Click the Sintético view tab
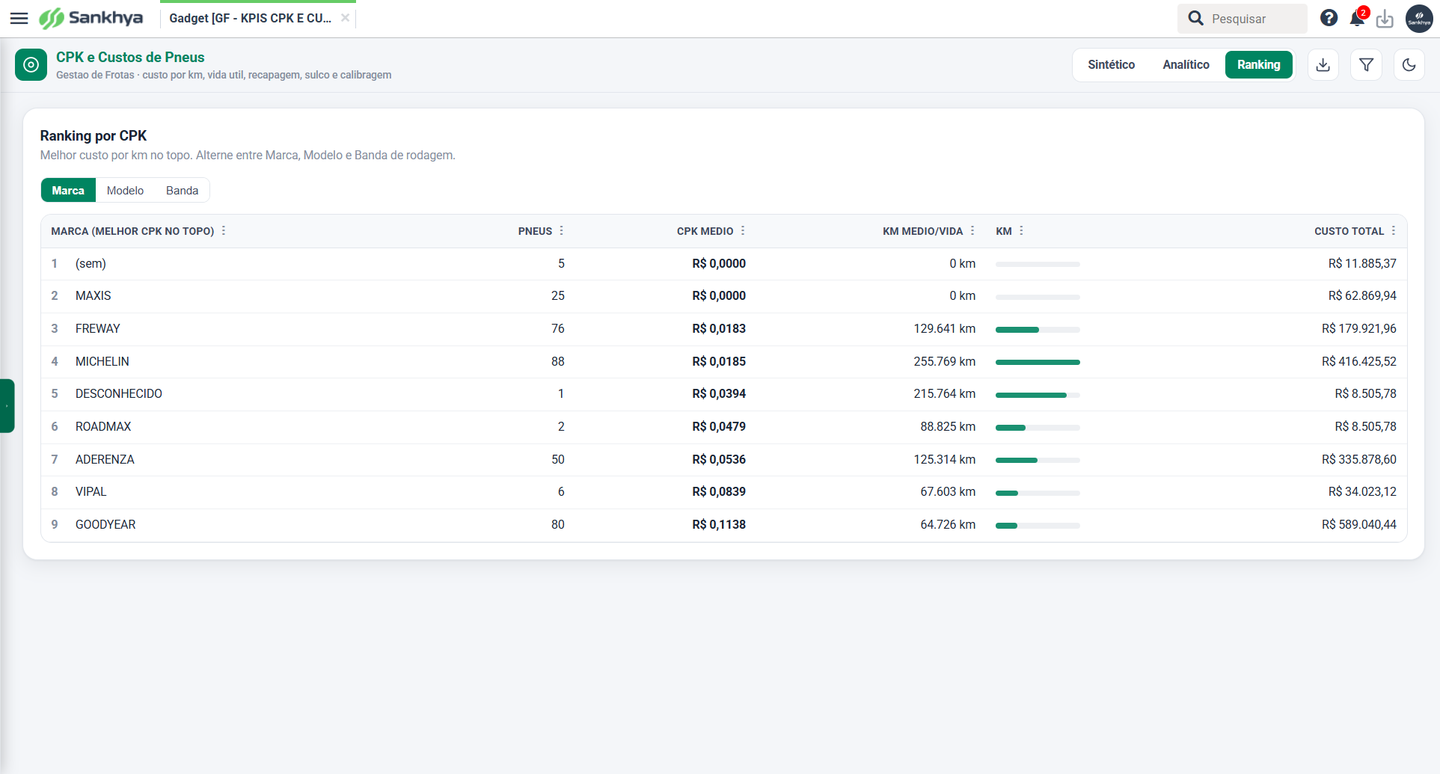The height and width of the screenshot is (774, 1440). click(x=1111, y=65)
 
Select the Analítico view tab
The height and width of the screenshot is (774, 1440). click(x=1186, y=65)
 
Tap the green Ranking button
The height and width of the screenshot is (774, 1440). click(x=1259, y=65)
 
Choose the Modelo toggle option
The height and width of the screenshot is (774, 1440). click(x=125, y=191)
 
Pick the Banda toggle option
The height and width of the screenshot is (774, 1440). click(x=182, y=191)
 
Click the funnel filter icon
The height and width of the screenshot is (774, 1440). click(x=1366, y=65)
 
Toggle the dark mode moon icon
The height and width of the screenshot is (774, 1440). click(x=1409, y=65)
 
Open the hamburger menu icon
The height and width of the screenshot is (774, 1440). click(x=19, y=18)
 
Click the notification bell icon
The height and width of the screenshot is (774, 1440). click(x=1357, y=19)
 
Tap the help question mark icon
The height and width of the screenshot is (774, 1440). click(x=1329, y=18)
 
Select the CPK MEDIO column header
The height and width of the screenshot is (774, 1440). click(x=705, y=231)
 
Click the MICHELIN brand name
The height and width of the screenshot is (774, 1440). click(x=102, y=361)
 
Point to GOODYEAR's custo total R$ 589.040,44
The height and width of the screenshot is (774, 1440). click(x=1358, y=525)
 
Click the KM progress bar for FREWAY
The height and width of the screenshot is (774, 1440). click(x=1038, y=330)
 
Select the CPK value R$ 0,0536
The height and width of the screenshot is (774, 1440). click(x=719, y=459)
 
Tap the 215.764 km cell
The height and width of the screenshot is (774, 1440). click(x=944, y=394)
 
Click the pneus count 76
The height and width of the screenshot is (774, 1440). click(x=558, y=329)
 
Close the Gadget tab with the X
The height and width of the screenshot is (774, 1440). click(x=345, y=18)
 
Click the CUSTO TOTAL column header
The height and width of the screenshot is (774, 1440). click(x=1349, y=231)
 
